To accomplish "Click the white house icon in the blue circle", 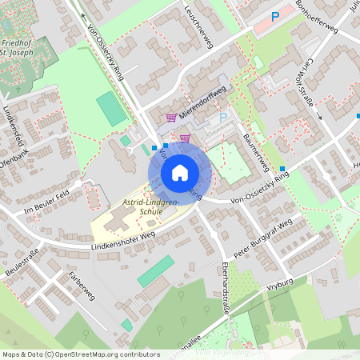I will (179, 172).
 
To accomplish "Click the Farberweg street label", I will (82, 285).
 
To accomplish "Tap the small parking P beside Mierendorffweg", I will (223, 117).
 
